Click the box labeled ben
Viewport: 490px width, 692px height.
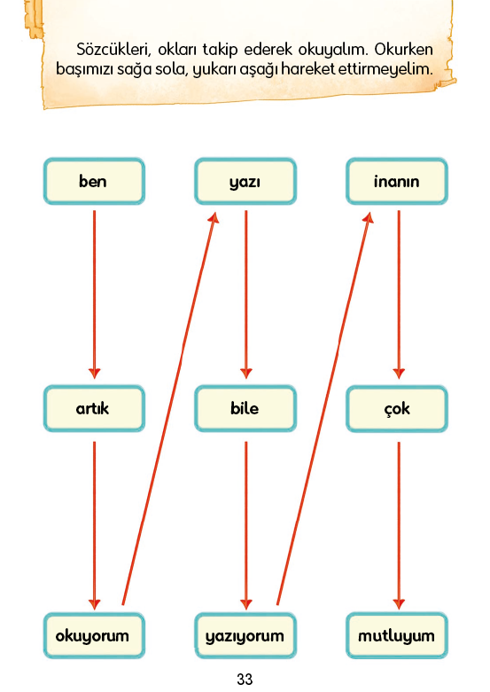pyautogui.click(x=94, y=181)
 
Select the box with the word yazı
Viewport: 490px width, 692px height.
pyautogui.click(x=245, y=181)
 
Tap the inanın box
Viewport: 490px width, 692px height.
pyautogui.click(x=397, y=181)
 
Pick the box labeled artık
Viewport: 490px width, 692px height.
pyautogui.click(x=94, y=409)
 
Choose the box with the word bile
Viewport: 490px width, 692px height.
pyautogui.click(x=245, y=409)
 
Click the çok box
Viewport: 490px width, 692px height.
pyautogui.click(x=397, y=409)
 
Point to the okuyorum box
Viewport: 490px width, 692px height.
pyautogui.click(x=94, y=635)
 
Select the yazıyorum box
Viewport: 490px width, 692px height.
pyautogui.click(x=245, y=635)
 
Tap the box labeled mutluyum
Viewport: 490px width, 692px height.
pyautogui.click(x=397, y=635)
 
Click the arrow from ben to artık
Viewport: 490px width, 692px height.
pyautogui.click(x=94, y=295)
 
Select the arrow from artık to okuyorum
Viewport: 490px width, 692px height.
pyautogui.click(x=94, y=525)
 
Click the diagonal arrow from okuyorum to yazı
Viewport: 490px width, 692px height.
pyautogui.click(x=169, y=408)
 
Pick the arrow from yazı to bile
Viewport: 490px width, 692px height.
pyautogui.click(x=245, y=295)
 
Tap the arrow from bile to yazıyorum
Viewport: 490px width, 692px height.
pyautogui.click(x=245, y=525)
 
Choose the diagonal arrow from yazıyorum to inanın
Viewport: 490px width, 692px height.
pyautogui.click(x=325, y=408)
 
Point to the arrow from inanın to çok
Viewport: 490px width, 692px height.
pyautogui.click(x=399, y=295)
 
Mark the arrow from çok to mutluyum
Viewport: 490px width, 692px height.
pyautogui.click(x=399, y=525)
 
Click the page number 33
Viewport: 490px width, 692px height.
pyautogui.click(x=245, y=679)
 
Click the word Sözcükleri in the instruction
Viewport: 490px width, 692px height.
pyautogui.click(x=113, y=50)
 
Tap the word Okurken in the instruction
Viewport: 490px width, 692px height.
pyautogui.click(x=404, y=50)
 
